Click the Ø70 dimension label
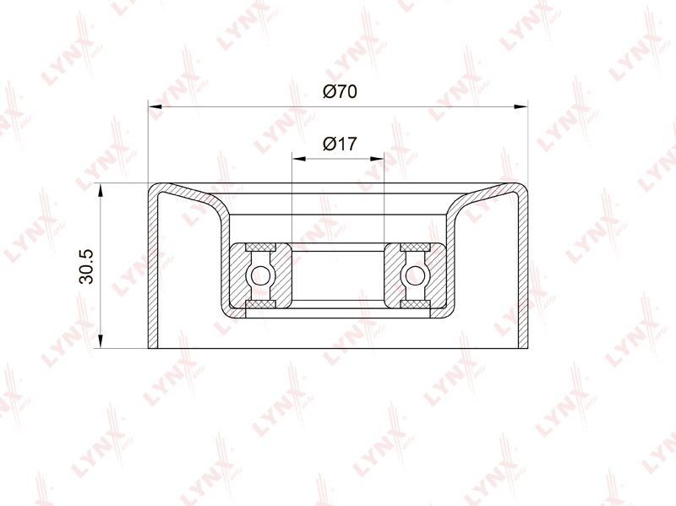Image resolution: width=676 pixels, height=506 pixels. click(x=341, y=91)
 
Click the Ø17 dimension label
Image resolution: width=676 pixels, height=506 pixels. click(x=341, y=144)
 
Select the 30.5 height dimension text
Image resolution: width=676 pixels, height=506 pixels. click(x=86, y=266)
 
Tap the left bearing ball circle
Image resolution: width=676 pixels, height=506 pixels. click(x=260, y=275)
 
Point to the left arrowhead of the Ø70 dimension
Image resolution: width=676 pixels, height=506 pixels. click(x=155, y=106)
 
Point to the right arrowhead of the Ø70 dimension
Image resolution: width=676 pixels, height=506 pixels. click(x=521, y=106)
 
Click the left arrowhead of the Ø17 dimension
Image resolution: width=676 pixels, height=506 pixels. click(x=299, y=159)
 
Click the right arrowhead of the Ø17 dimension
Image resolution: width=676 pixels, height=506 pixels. click(x=377, y=159)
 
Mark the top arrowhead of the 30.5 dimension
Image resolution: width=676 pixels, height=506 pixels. click(x=100, y=190)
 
